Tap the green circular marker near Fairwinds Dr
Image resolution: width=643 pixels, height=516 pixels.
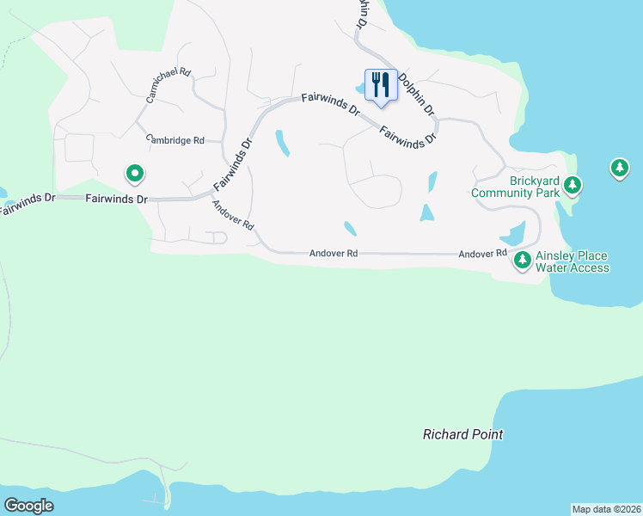134,175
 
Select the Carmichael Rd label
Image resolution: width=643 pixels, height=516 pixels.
168,84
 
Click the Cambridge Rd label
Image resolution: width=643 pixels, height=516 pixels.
175,139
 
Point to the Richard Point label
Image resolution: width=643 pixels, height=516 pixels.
462,434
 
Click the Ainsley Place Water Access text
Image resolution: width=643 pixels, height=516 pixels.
572,261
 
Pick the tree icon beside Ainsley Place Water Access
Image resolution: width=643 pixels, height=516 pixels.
522,260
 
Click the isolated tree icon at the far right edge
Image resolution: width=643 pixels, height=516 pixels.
619,168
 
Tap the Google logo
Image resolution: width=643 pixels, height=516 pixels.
28,506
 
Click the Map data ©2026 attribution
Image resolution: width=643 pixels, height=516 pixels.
606,508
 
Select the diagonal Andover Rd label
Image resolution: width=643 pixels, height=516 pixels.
233,214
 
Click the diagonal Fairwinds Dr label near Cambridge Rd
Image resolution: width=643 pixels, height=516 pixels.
233,164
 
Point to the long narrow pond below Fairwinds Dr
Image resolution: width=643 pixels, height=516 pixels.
281,143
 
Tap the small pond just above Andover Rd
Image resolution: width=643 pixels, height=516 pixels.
350,229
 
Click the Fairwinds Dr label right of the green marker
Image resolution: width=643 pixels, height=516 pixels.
117,199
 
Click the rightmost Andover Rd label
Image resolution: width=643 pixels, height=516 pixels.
482,254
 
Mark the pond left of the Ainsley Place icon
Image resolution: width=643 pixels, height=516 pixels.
511,233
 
